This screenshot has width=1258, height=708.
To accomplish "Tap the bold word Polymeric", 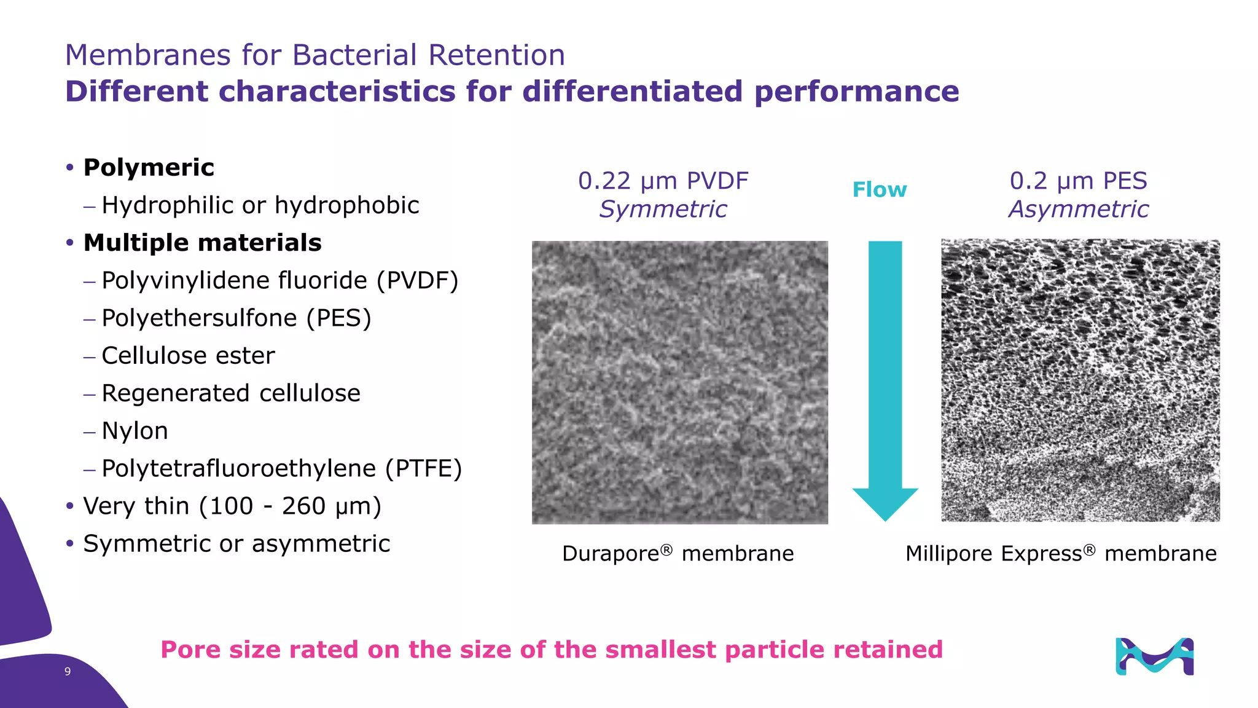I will click(x=149, y=168).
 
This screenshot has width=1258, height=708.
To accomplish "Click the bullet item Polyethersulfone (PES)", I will click(x=236, y=318).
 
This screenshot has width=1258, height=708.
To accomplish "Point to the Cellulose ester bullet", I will click(x=188, y=356).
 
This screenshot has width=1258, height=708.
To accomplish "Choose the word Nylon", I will click(x=135, y=431).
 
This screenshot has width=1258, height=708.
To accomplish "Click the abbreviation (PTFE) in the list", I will click(x=423, y=469).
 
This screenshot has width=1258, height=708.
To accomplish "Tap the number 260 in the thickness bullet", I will click(x=303, y=506).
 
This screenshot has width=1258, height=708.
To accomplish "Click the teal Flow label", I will click(x=879, y=190).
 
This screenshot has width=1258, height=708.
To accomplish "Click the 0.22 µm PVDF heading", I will click(x=663, y=181).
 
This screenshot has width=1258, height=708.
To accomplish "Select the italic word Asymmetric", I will click(x=1078, y=210).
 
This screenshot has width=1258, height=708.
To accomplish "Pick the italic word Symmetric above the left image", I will click(x=663, y=210).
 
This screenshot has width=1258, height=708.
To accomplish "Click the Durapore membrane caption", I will click(x=678, y=554).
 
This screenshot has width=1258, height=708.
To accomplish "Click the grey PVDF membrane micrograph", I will click(x=679, y=382).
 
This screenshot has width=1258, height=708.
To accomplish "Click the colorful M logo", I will click(x=1154, y=656).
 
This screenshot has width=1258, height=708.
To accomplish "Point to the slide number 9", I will click(x=68, y=672).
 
